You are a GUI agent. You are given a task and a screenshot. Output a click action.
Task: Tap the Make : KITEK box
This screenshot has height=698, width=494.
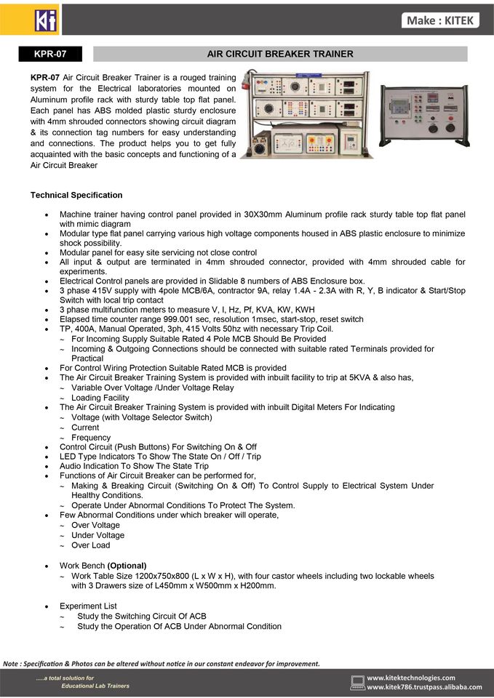coord(441,20)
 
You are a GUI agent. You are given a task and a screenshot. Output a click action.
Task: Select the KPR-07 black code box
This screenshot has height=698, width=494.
coord(50,54)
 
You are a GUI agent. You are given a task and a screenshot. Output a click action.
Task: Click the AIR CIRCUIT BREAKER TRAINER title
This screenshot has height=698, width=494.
coord(280,54)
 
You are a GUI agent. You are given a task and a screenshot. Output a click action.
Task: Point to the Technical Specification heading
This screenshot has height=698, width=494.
coord(76,196)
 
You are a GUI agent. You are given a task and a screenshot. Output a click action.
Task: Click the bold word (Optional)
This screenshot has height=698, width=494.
coord(127,566)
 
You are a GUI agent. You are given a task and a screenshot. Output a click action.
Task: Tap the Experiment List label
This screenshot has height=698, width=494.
coord(88,606)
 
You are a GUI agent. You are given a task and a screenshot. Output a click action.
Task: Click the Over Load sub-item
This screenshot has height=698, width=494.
coord(91,545)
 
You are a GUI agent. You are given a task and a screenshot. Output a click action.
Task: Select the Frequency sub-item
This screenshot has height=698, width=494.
coord(91,438)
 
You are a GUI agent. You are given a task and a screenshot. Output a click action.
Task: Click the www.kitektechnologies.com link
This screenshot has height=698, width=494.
coord(411,677)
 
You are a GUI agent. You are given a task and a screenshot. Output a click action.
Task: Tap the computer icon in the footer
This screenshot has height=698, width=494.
coord(357,681)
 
